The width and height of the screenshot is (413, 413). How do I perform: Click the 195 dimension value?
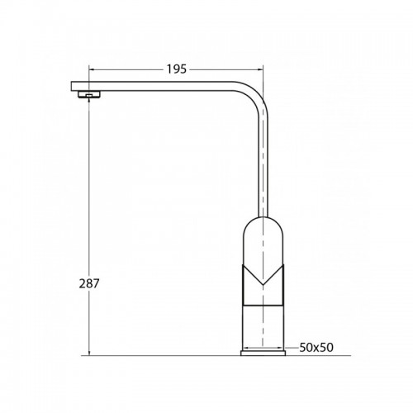(x=177, y=69)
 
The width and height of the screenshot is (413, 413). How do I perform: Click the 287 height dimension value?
(x=89, y=283)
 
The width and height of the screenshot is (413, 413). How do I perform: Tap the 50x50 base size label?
(x=316, y=348)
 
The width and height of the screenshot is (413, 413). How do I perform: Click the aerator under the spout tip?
(x=89, y=94)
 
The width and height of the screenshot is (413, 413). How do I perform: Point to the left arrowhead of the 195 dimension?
(x=92, y=69)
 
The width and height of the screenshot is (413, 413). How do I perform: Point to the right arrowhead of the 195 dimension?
(x=260, y=69)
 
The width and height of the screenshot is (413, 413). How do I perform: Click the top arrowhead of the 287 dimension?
(x=89, y=102)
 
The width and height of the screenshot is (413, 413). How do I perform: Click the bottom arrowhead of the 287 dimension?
(x=89, y=352)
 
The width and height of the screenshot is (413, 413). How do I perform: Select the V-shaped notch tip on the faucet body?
(x=263, y=284)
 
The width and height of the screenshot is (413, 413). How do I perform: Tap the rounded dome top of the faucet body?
(x=263, y=217)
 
